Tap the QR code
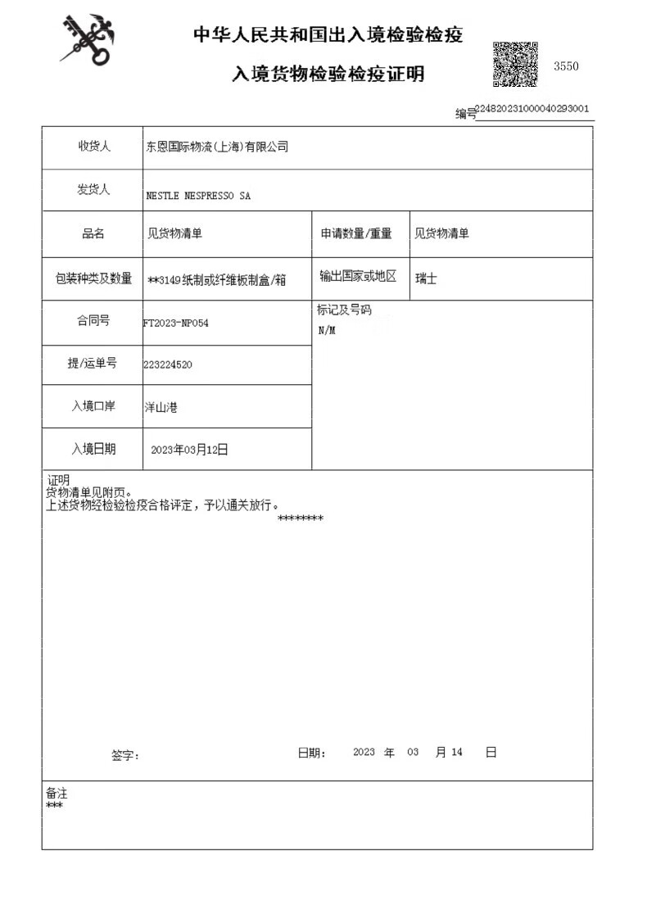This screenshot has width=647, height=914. (515, 64)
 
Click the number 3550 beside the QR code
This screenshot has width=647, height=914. (566, 66)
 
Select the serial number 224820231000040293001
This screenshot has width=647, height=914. (532, 108)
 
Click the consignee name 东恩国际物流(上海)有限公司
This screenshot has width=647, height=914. (217, 147)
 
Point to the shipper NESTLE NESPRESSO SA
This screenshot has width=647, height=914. (198, 197)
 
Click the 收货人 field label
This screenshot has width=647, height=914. (94, 147)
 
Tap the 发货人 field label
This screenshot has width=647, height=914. (94, 190)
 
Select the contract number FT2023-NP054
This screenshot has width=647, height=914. (176, 323)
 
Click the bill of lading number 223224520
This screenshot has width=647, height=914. (168, 364)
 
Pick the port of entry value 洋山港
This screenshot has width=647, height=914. (161, 406)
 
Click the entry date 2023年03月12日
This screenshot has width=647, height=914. (190, 450)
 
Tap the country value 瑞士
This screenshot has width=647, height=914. (426, 278)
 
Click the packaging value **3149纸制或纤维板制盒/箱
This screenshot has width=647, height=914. (217, 279)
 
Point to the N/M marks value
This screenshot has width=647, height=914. (327, 331)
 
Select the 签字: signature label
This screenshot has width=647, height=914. (125, 755)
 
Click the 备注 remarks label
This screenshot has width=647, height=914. (57, 793)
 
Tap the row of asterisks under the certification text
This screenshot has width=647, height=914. (301, 518)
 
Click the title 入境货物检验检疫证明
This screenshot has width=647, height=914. (328, 75)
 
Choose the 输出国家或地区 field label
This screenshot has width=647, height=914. (358, 277)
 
